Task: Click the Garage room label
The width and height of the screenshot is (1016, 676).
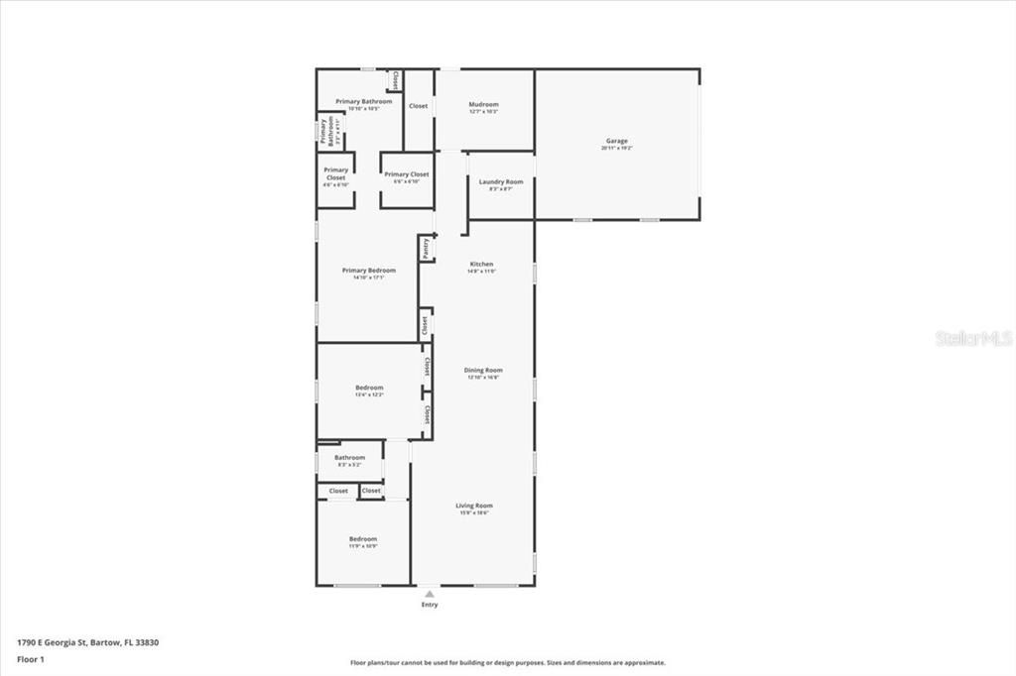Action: coord(616,141)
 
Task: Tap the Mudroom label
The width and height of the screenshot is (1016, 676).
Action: coord(483,105)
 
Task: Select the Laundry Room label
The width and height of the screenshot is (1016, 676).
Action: coord(500,182)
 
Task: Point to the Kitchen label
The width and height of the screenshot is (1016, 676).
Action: coord(481,265)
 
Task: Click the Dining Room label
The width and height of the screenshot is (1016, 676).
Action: coord(483,371)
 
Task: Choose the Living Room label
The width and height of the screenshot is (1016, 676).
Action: coord(475,506)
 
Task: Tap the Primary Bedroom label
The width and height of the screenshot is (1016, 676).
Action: coord(368,271)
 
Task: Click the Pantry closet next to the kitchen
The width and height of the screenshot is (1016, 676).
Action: coord(427,248)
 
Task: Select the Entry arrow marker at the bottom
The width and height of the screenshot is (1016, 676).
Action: coord(429,594)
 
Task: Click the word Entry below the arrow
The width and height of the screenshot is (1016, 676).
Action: coord(429,605)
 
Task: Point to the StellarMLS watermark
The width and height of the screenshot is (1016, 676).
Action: coord(973,338)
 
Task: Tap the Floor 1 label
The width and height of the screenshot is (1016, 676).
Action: coord(31,658)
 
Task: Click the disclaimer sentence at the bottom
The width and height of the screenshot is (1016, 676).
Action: coord(507,663)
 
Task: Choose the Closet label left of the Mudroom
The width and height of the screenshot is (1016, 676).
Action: coord(419,106)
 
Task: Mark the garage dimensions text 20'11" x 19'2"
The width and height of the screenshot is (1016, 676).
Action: coord(616,148)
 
